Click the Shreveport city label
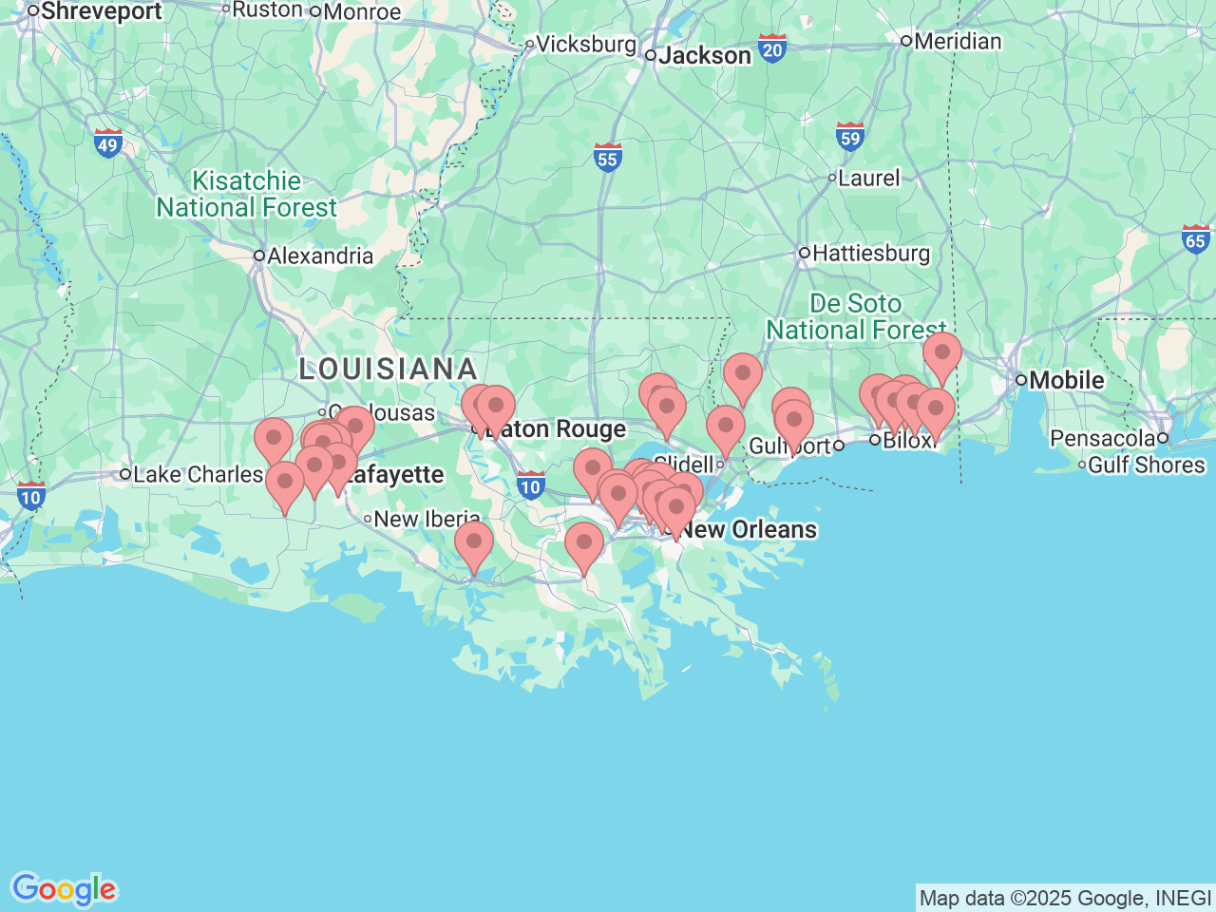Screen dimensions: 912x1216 point(101,11)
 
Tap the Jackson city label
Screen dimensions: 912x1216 point(704,56)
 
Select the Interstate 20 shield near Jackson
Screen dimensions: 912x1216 point(772,48)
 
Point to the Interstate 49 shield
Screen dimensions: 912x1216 point(108,144)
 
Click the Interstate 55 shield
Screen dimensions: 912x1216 point(608,158)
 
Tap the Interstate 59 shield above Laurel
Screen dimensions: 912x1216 point(850,137)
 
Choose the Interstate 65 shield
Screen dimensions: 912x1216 point(1196,239)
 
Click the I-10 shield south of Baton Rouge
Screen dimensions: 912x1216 point(530,485)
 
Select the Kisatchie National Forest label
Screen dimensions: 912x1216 point(246,195)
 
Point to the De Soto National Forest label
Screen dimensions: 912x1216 point(856,316)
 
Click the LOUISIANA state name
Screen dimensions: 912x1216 point(388,370)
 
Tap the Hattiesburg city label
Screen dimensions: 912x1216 point(870,254)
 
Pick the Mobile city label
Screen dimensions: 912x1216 point(1066,380)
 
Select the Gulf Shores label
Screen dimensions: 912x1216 point(1146,465)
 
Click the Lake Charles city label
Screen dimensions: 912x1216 point(198,474)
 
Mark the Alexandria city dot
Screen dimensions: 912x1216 point(258,256)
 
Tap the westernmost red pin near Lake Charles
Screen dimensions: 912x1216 point(274,440)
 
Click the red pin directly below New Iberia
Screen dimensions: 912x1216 point(474,543)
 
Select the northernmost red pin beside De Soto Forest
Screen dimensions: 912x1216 point(941,353)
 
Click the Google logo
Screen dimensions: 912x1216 point(64,889)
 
